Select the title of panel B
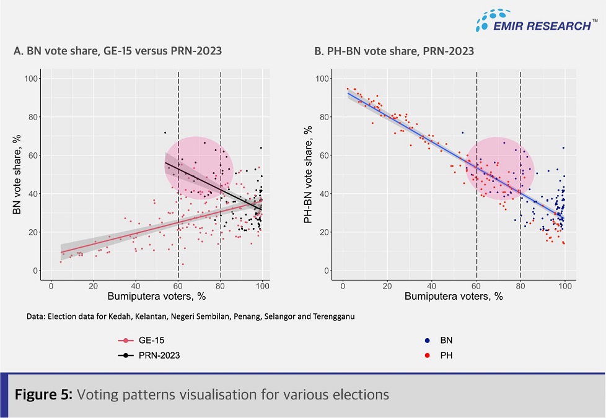[394, 51]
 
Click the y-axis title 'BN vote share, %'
[18, 175]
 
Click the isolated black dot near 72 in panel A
[165, 133]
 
